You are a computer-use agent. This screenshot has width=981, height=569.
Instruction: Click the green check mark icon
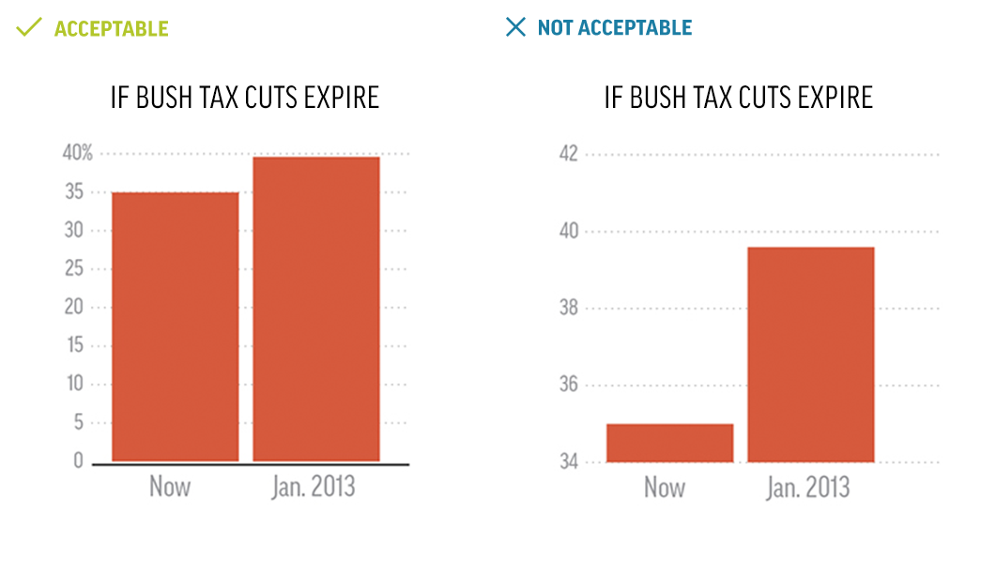(x=29, y=26)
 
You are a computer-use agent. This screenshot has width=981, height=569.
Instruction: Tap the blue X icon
(x=515, y=26)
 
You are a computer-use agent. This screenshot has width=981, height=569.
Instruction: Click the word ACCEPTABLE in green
(x=111, y=28)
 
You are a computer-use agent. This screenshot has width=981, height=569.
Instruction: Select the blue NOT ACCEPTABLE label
(x=615, y=28)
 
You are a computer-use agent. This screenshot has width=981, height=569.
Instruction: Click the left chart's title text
(x=245, y=98)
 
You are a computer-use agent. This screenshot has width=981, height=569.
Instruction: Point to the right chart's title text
(x=739, y=98)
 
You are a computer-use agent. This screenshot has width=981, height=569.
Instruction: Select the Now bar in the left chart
(x=175, y=327)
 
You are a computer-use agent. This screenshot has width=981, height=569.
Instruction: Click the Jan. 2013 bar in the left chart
(x=316, y=309)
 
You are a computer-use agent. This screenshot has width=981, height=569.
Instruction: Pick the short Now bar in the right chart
(x=669, y=443)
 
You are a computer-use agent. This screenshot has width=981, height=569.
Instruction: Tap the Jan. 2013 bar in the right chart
(x=811, y=354)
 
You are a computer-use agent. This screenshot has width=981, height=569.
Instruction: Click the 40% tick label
(x=77, y=154)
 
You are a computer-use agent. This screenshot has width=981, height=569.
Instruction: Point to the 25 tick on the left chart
(x=74, y=269)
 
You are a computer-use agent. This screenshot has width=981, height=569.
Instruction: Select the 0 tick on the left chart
(x=79, y=461)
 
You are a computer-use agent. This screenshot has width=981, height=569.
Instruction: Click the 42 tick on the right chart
(x=569, y=154)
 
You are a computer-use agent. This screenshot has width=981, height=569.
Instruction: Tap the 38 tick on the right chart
(x=569, y=308)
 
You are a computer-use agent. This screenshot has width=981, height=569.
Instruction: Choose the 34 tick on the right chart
(x=569, y=462)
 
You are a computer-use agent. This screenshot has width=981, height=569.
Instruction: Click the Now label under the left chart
(x=170, y=487)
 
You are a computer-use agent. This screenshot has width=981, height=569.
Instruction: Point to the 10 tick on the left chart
(x=74, y=384)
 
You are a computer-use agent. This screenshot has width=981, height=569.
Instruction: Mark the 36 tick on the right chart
(x=569, y=385)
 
